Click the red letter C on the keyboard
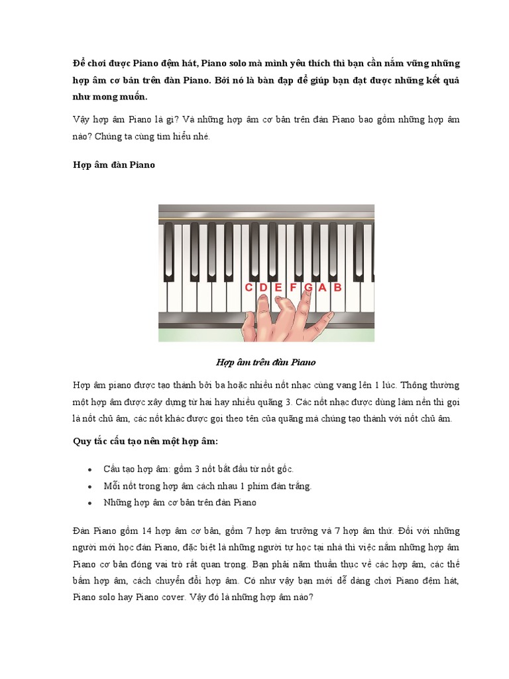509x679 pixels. [249, 288]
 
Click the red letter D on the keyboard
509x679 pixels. [263, 288]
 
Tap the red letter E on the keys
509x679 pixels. [278, 288]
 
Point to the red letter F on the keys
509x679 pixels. [293, 288]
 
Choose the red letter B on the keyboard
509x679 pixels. [337, 288]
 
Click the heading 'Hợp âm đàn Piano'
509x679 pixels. [113, 164]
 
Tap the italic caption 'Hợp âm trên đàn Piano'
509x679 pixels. [266, 362]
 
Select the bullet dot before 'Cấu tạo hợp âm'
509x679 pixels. [89, 469]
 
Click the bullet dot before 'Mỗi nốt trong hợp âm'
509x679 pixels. [89, 486]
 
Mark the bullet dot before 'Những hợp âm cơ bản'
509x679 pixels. [89, 503]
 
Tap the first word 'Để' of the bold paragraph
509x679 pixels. [80, 64]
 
